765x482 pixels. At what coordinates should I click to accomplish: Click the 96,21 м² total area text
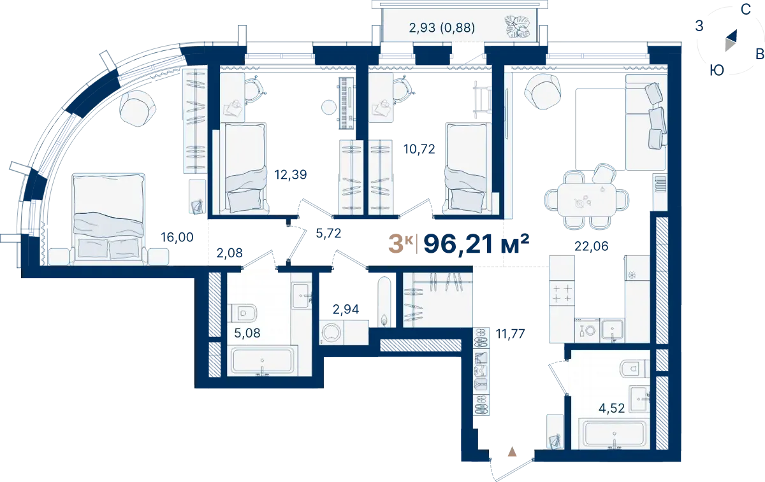(x=476, y=244)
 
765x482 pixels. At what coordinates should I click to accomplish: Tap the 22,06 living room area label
(x=591, y=246)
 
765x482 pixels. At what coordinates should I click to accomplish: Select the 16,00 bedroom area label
(x=177, y=237)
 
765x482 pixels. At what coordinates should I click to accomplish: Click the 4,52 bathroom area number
(x=611, y=408)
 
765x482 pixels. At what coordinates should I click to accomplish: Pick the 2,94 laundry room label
(x=346, y=309)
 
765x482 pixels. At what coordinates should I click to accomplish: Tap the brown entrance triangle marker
(x=512, y=452)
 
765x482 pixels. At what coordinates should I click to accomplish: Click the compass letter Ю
(x=717, y=71)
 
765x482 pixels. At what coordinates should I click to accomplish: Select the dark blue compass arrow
(x=732, y=36)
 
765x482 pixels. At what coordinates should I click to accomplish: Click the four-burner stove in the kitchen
(x=562, y=293)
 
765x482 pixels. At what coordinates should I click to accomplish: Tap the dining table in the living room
(x=586, y=199)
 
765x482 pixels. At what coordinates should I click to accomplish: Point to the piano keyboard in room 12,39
(x=347, y=103)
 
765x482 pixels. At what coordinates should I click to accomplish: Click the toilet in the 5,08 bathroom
(x=242, y=313)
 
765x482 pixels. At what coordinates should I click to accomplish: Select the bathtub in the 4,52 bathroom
(x=615, y=435)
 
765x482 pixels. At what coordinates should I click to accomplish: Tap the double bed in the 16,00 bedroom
(x=108, y=218)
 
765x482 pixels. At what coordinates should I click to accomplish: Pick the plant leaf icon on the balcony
(x=518, y=26)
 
